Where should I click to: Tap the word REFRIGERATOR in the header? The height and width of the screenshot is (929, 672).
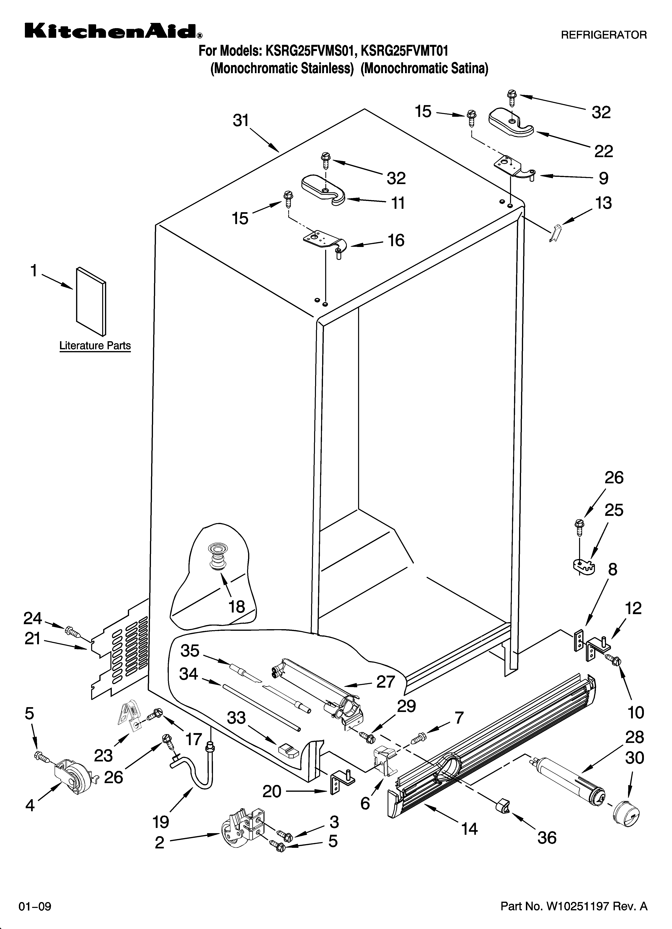click(x=603, y=35)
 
